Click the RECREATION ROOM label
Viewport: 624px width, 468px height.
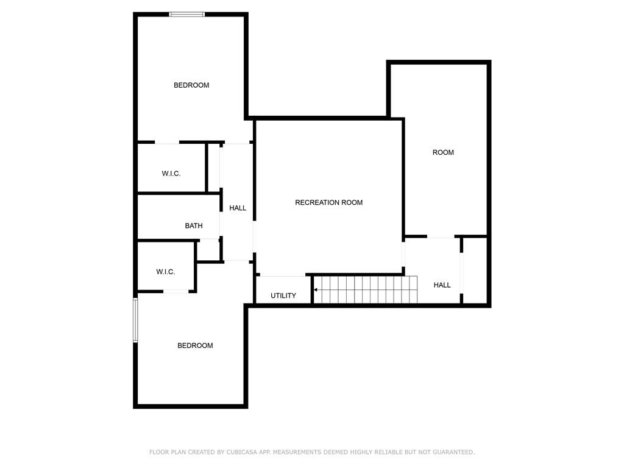coord(328,202)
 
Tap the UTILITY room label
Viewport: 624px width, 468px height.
coord(283,296)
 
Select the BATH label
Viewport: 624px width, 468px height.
coord(194,226)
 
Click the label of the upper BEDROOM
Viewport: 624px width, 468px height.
coord(191,85)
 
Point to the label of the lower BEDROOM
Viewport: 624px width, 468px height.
coord(195,346)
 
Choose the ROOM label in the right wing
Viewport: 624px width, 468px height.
coord(443,152)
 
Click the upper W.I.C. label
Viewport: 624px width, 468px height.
coord(171,174)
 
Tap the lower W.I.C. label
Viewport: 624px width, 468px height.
coord(166,272)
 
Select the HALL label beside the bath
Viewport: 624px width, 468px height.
coord(238,208)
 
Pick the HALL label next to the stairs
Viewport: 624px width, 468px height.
coord(442,285)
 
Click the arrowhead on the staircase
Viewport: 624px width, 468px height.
coord(316,289)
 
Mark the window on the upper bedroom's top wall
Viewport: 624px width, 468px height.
coord(187,15)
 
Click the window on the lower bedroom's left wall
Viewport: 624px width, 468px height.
coord(135,321)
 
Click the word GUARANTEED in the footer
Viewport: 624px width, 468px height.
coord(453,452)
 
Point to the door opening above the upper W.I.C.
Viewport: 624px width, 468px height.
coord(167,142)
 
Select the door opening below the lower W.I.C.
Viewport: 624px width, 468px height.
coord(176,292)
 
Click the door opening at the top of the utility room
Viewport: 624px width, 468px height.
coord(283,275)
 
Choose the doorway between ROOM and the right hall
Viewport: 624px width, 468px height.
coord(441,237)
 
